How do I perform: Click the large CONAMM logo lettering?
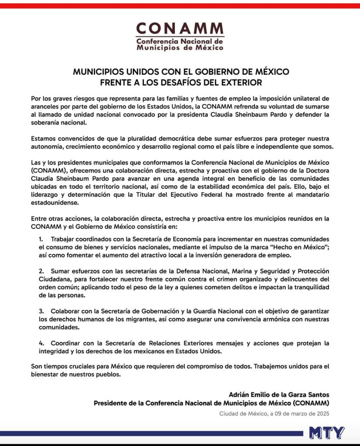[x=180, y=29]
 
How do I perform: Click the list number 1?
[x=41, y=240]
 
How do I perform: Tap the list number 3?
[x=41, y=311]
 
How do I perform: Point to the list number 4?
[x=41, y=343]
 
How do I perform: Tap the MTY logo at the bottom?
[x=326, y=432]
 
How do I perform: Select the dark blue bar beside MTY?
[x=153, y=433]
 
